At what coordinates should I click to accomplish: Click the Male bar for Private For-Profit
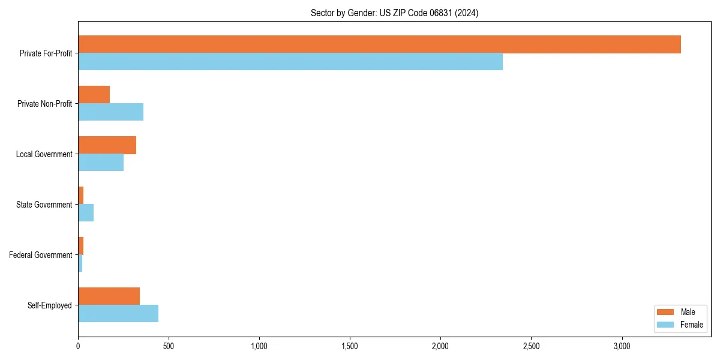(379, 44)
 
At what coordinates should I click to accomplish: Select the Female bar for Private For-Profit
(290, 62)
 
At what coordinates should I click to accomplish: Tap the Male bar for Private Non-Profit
(94, 95)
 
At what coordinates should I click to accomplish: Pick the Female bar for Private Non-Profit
(110, 112)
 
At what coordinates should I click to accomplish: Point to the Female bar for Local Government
(101, 163)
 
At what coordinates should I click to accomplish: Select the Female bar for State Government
(86, 213)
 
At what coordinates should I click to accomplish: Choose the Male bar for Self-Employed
(109, 296)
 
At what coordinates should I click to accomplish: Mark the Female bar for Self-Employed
(118, 314)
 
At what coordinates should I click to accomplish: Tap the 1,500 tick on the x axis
(350, 346)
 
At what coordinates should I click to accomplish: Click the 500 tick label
(169, 346)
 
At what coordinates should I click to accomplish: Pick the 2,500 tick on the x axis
(531, 346)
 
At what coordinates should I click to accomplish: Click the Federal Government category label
(41, 255)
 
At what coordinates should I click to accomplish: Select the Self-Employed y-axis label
(50, 305)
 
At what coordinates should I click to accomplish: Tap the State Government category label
(44, 205)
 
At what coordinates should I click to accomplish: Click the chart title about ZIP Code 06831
(394, 13)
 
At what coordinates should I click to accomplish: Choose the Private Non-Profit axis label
(45, 104)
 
